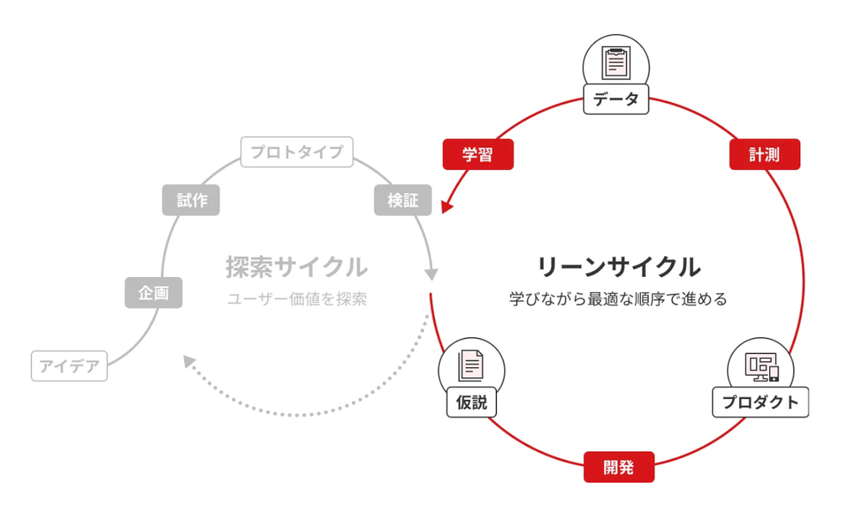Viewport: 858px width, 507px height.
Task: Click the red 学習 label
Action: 478,155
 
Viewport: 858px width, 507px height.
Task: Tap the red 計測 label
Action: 764,155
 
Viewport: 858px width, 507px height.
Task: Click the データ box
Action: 616,100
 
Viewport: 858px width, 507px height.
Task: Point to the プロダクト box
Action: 760,402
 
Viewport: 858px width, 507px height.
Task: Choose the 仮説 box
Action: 471,403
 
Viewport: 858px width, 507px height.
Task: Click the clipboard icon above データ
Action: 616,63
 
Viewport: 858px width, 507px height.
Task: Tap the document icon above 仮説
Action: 471,366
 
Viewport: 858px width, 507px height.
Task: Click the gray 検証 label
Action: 403,201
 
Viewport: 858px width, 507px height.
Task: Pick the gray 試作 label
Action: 191,200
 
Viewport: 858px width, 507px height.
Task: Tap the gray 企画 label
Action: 153,293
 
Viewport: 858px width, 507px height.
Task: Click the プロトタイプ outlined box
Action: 297,152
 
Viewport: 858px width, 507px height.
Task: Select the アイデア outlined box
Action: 70,366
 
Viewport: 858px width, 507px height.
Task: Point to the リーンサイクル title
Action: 618,267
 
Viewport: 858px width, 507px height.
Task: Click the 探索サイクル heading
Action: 297,267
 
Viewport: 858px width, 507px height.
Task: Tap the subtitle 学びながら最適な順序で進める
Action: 618,299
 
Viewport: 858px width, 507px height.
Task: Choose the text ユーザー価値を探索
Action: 297,299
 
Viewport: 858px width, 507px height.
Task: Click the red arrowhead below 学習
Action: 446,206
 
